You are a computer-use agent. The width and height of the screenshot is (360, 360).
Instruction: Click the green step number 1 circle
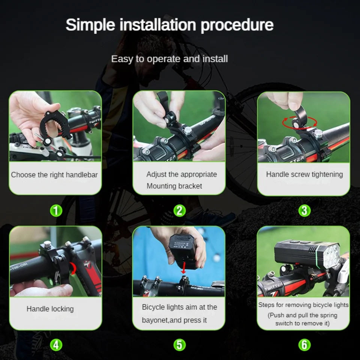coord(56,211)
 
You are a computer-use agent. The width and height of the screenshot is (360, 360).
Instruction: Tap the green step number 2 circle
coord(180,211)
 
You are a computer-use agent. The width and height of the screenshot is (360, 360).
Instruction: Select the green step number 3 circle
coord(304,211)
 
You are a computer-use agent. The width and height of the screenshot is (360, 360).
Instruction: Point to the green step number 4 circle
coord(56,344)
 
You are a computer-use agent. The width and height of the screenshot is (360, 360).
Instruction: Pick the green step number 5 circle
coord(180,344)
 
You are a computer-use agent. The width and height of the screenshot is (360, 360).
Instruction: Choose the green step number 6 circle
coord(304,344)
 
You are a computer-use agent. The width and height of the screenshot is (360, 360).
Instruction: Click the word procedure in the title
coord(237,25)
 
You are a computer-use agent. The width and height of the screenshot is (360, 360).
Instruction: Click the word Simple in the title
coord(90,25)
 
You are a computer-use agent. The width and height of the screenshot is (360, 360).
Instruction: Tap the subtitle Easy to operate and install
coord(169,59)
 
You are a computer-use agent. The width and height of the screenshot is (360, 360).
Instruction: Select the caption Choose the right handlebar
coord(54,175)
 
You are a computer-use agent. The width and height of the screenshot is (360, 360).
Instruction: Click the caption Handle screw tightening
coord(304,174)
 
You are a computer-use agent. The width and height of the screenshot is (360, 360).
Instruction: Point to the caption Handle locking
coord(50,309)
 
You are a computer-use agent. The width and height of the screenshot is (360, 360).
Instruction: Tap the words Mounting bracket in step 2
coord(174,186)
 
